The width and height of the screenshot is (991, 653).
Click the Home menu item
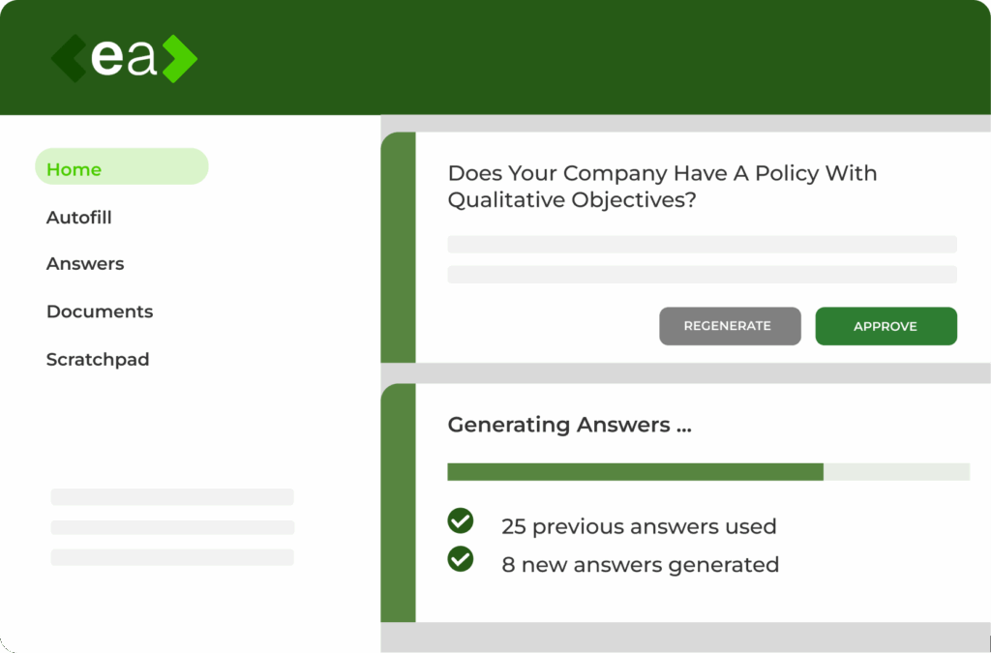pyautogui.click(x=121, y=166)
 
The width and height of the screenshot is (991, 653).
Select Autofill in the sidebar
pyautogui.click(x=79, y=218)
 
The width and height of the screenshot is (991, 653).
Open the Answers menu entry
pyautogui.click(x=85, y=263)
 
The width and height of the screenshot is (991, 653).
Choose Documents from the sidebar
pyautogui.click(x=100, y=312)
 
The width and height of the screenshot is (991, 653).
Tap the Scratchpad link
pyautogui.click(x=98, y=359)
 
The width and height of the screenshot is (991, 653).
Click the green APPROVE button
pyautogui.click(x=886, y=326)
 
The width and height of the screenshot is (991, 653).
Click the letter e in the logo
pyautogui.click(x=106, y=58)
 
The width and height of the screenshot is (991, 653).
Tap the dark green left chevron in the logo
pyautogui.click(x=69, y=59)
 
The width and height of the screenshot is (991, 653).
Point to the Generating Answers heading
pyautogui.click(x=569, y=425)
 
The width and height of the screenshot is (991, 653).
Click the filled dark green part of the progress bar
pyautogui.click(x=635, y=472)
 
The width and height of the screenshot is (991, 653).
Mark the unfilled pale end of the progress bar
pyautogui.click(x=896, y=472)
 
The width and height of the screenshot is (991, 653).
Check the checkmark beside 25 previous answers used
pyautogui.click(x=460, y=521)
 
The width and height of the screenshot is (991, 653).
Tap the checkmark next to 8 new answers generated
pyautogui.click(x=460, y=559)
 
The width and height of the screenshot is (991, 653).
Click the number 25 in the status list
pyautogui.click(x=514, y=526)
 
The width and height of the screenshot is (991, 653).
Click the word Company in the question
pyautogui.click(x=613, y=174)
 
